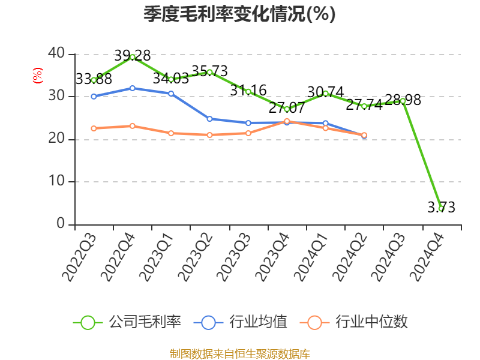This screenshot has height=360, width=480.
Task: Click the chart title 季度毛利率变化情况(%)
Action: (239, 14)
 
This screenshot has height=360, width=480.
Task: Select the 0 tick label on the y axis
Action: (60, 224)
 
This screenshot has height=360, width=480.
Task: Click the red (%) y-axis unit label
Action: (38, 76)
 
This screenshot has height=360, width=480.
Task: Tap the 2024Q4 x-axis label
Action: (427, 258)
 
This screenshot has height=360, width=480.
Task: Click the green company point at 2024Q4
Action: (441, 208)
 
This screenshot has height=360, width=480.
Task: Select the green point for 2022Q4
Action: (133, 57)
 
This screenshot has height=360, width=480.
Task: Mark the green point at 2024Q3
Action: (403, 101)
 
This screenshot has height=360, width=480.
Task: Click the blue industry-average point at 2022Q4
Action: (133, 88)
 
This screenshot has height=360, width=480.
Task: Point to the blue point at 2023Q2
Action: (209, 119)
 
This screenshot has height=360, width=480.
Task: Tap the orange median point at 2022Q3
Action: (94, 128)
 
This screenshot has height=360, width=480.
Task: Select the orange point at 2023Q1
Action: (171, 133)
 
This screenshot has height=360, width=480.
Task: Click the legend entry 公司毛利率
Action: (127, 322)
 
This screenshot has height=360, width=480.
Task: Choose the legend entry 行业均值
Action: (241, 322)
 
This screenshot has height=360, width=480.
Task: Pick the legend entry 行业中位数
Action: (358, 322)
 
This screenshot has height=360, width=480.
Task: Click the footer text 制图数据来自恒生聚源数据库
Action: (239, 353)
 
